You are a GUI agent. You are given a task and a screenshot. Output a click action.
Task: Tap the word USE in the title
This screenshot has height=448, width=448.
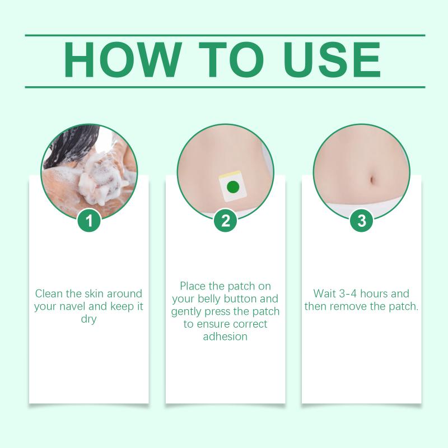click(332, 60)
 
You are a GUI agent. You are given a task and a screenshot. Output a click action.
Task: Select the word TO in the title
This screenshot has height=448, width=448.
click(231, 60)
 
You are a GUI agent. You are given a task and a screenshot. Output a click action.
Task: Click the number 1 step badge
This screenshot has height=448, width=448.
click(89, 220)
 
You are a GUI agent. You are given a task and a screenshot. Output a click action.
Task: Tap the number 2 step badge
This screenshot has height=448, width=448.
click(226, 220)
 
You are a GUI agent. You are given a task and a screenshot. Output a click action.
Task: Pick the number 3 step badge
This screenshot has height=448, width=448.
click(362, 220)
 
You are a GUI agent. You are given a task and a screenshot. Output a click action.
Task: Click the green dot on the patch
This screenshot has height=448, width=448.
click(232, 187)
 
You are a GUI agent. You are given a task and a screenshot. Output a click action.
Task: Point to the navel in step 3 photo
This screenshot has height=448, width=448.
click(372, 180)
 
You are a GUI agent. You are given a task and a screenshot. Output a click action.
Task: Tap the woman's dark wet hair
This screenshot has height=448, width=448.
click(73, 146)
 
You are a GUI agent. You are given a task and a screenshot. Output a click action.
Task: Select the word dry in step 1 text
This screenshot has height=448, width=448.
click(88, 319)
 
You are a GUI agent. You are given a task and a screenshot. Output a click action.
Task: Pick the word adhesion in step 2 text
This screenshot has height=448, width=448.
click(225, 337)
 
